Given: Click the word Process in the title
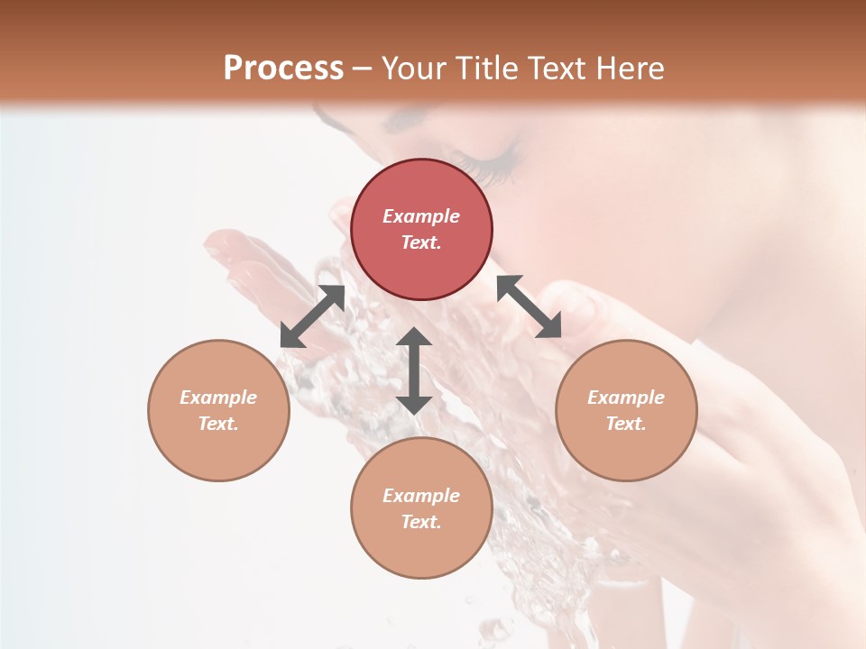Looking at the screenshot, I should pyautogui.click(x=283, y=69).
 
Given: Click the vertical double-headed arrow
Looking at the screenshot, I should pyautogui.click(x=414, y=370).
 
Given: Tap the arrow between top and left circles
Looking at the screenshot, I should pyautogui.click(x=312, y=316).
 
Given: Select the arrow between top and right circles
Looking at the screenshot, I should pyautogui.click(x=529, y=306).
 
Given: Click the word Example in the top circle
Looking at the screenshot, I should pyautogui.click(x=421, y=216).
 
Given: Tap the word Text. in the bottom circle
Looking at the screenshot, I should pyautogui.click(x=421, y=522).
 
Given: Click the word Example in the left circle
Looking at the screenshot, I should pyautogui.click(x=218, y=398).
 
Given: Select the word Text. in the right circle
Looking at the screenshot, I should pyautogui.click(x=626, y=424).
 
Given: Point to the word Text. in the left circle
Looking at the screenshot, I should pyautogui.click(x=218, y=424).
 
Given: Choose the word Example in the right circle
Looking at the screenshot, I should pyautogui.click(x=626, y=398).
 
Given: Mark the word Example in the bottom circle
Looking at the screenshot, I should pyautogui.click(x=421, y=496).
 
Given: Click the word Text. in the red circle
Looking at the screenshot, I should pyautogui.click(x=421, y=242).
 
